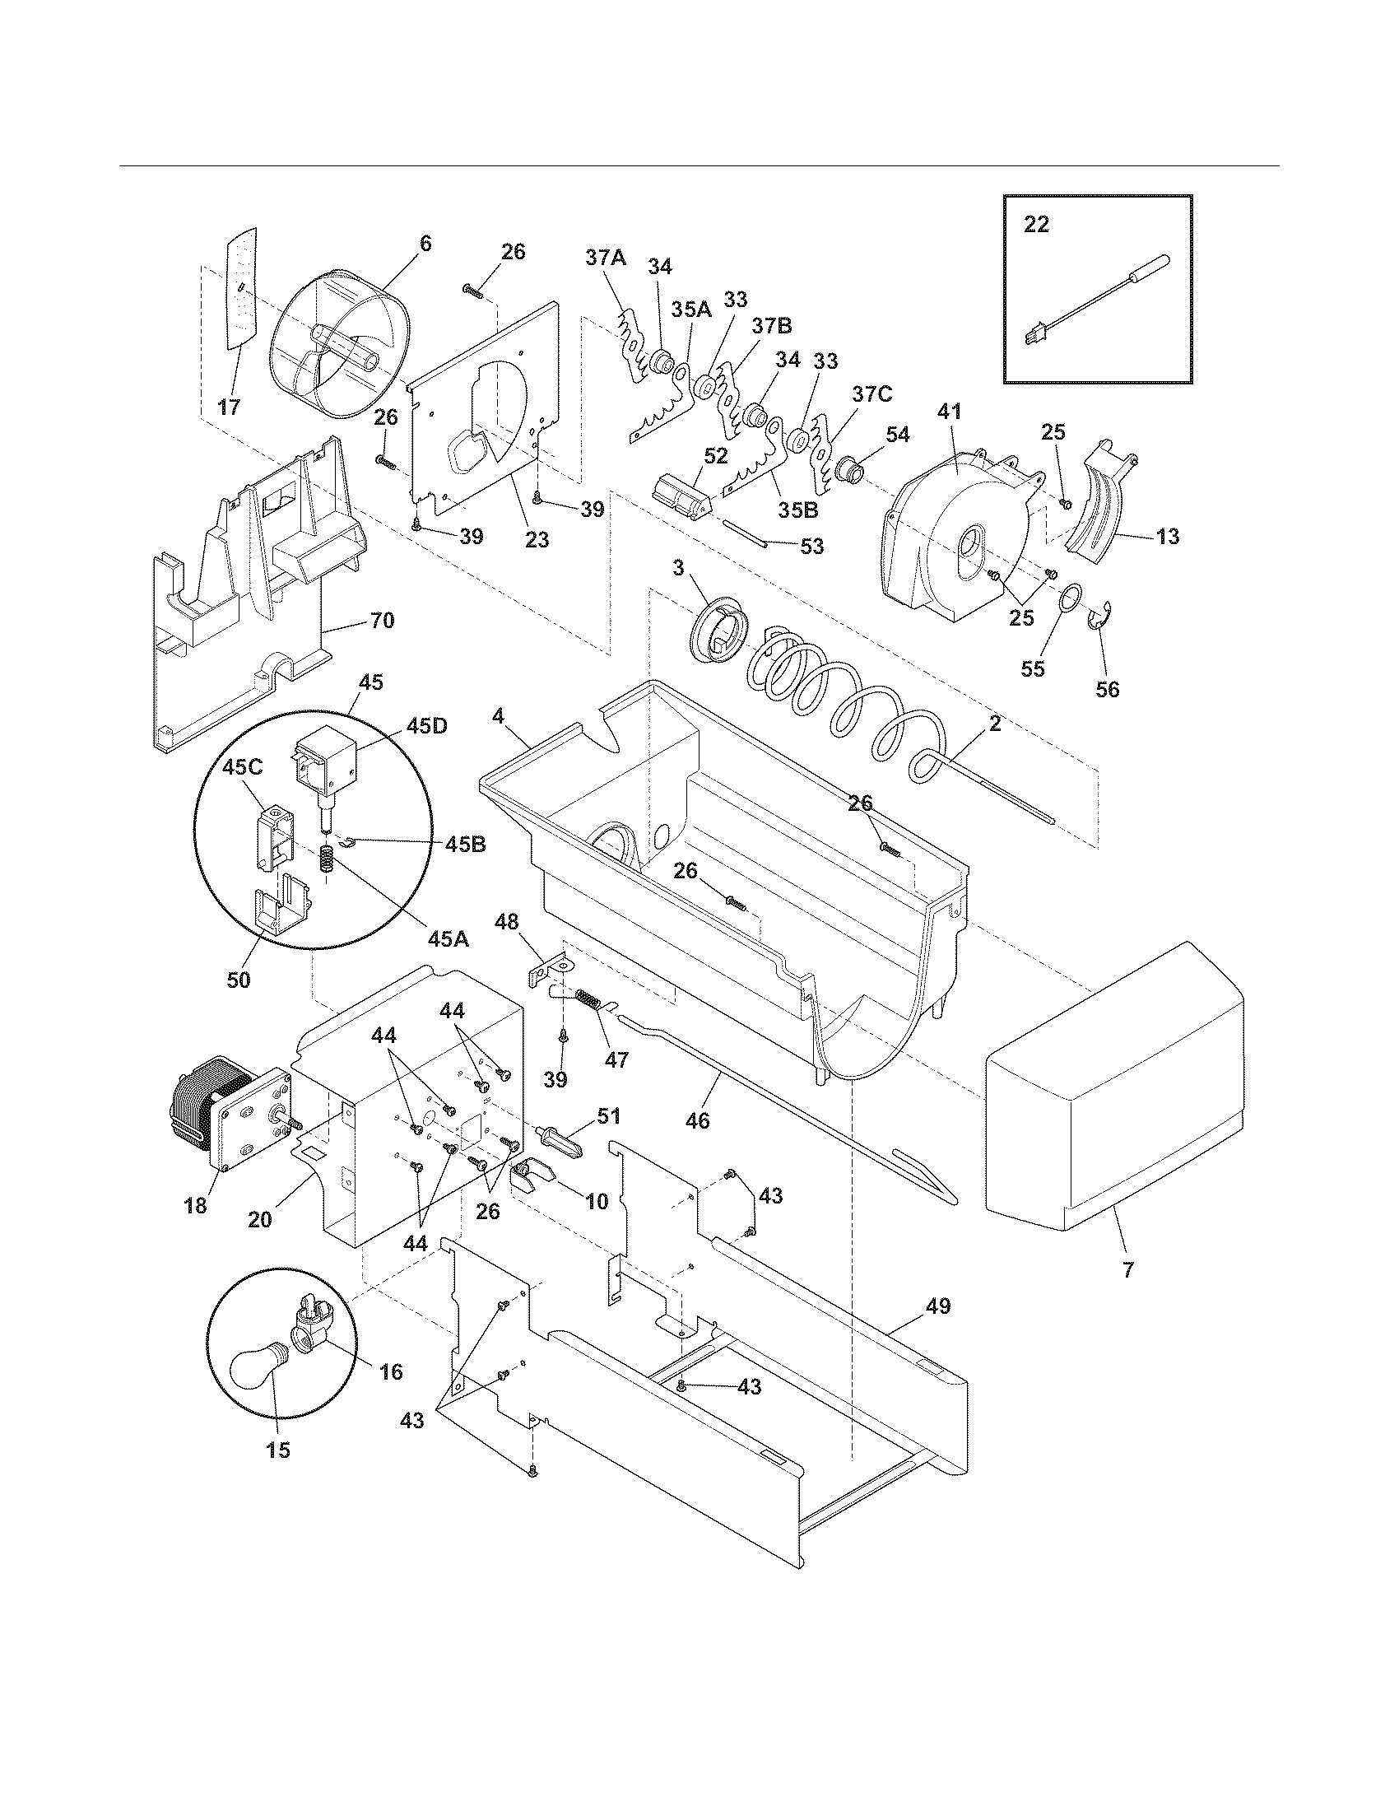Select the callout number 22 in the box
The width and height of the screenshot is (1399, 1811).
1036,225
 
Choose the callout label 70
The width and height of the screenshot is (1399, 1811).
382,620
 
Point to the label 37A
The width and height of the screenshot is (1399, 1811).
606,258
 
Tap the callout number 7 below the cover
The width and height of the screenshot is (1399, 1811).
1128,1269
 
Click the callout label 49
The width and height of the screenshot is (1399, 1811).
937,1306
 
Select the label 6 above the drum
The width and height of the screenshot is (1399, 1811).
425,243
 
